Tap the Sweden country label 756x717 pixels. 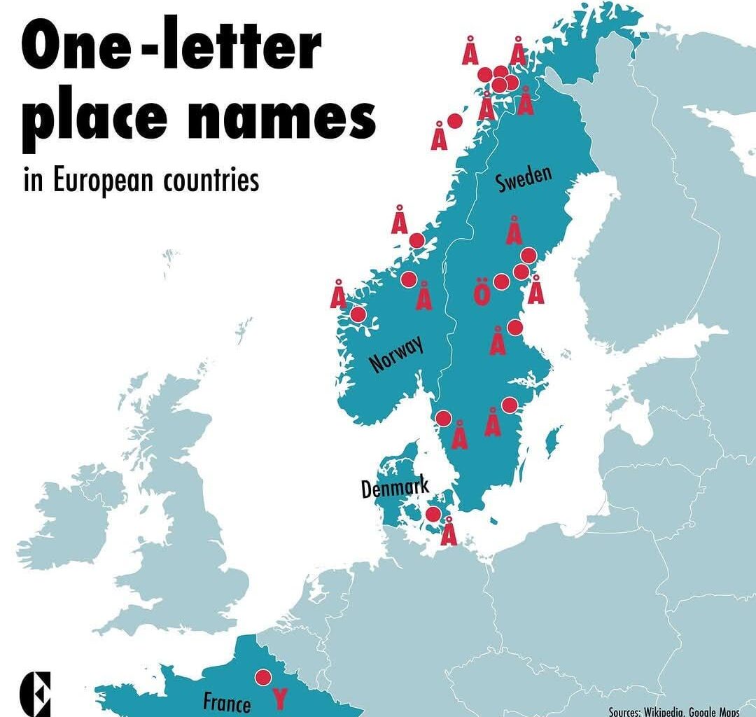[524, 179]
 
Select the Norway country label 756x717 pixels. [396, 354]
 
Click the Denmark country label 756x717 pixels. [395, 487]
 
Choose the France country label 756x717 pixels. [227, 702]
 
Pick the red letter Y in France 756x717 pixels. [279, 698]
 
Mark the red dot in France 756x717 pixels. [263, 677]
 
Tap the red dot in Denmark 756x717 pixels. [433, 515]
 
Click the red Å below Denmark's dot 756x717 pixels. [449, 531]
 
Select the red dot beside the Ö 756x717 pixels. [501, 282]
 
